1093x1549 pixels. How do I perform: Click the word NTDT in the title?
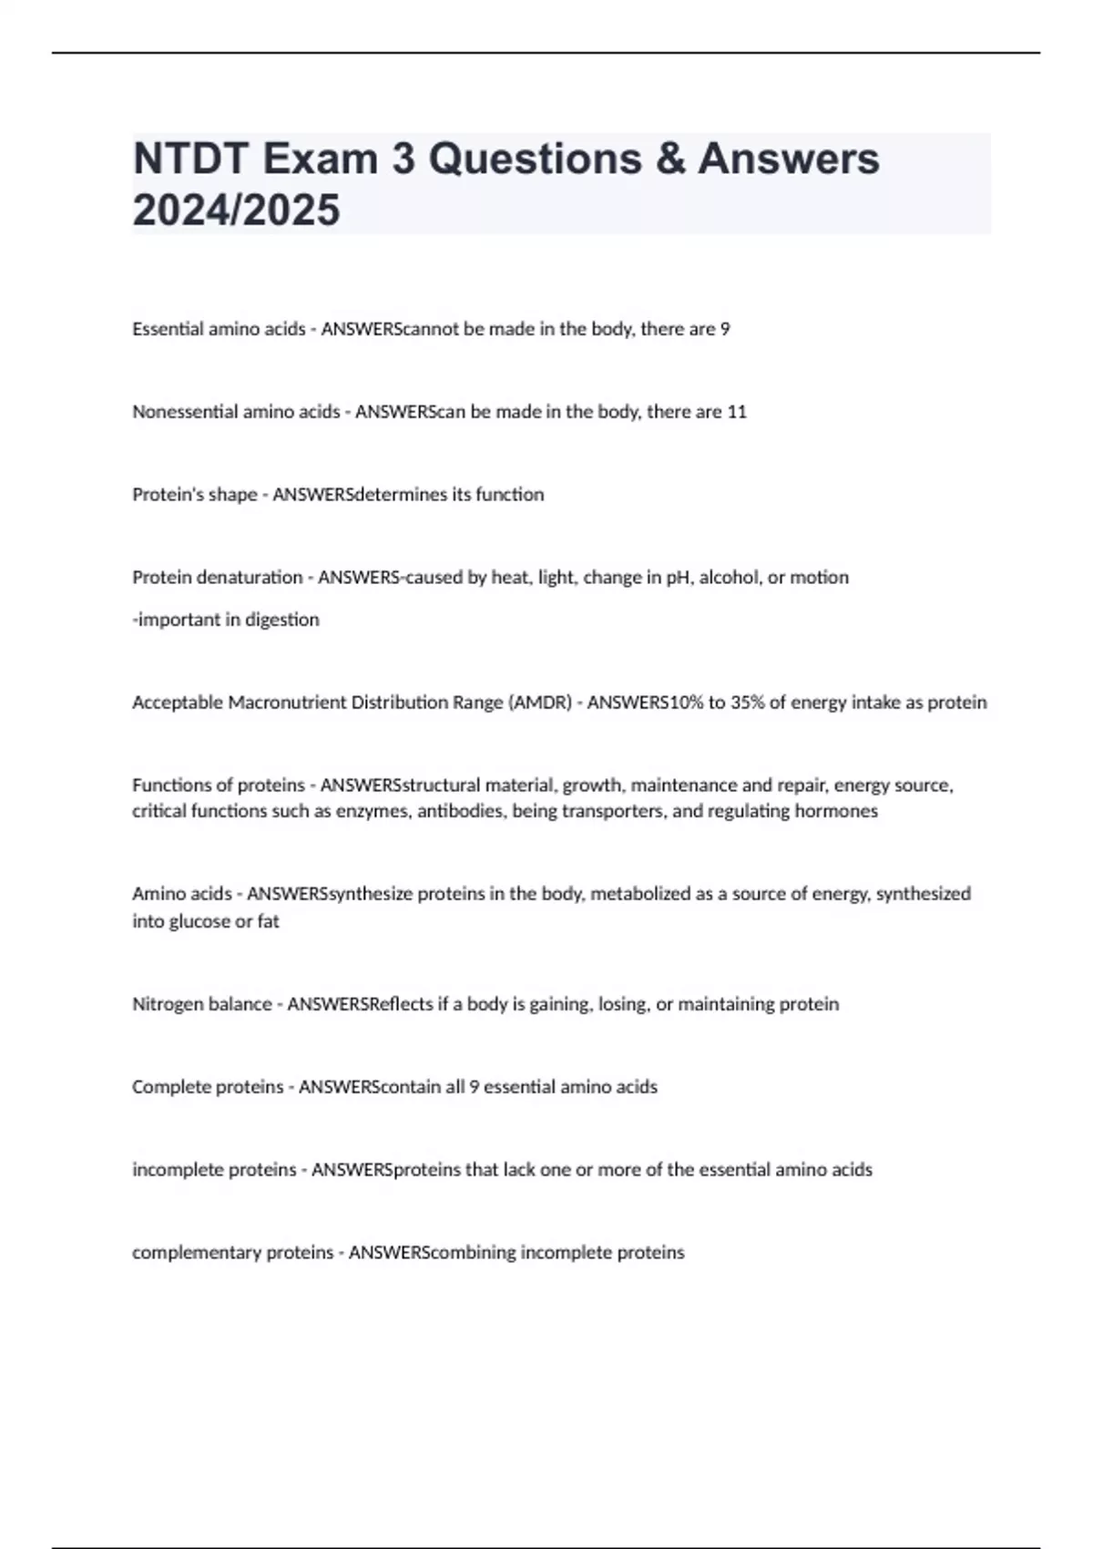[x=190, y=159]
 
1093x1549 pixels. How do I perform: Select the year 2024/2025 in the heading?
[x=236, y=210]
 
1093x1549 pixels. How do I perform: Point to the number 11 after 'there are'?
[x=737, y=412]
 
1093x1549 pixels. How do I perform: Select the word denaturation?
[x=249, y=578]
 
